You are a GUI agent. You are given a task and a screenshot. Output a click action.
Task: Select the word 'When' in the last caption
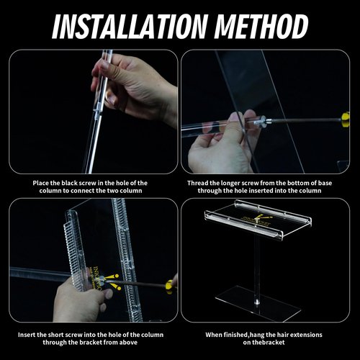pos(215,335)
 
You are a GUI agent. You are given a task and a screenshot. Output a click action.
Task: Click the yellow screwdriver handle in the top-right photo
pos(346,118)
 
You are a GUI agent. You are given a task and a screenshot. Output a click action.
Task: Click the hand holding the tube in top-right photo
pos(220,144)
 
